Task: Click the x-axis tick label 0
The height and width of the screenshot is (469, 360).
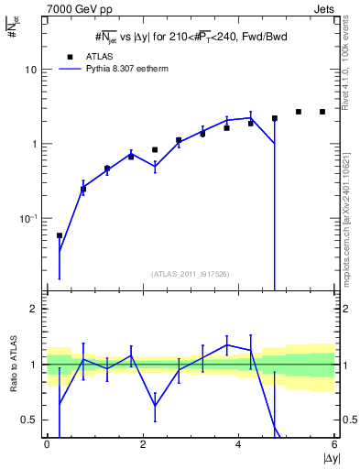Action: click(47, 445)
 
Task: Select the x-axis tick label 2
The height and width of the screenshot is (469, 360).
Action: click(143, 445)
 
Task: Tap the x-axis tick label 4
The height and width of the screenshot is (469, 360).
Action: click(239, 445)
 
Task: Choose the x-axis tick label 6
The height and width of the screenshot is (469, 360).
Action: click(334, 445)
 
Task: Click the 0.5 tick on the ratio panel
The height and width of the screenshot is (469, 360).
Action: click(30, 420)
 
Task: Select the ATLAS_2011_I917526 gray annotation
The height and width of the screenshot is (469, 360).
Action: click(190, 273)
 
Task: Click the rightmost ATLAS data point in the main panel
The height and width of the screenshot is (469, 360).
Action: click(322, 112)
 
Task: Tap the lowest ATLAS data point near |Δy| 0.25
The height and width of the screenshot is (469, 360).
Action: click(60, 235)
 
